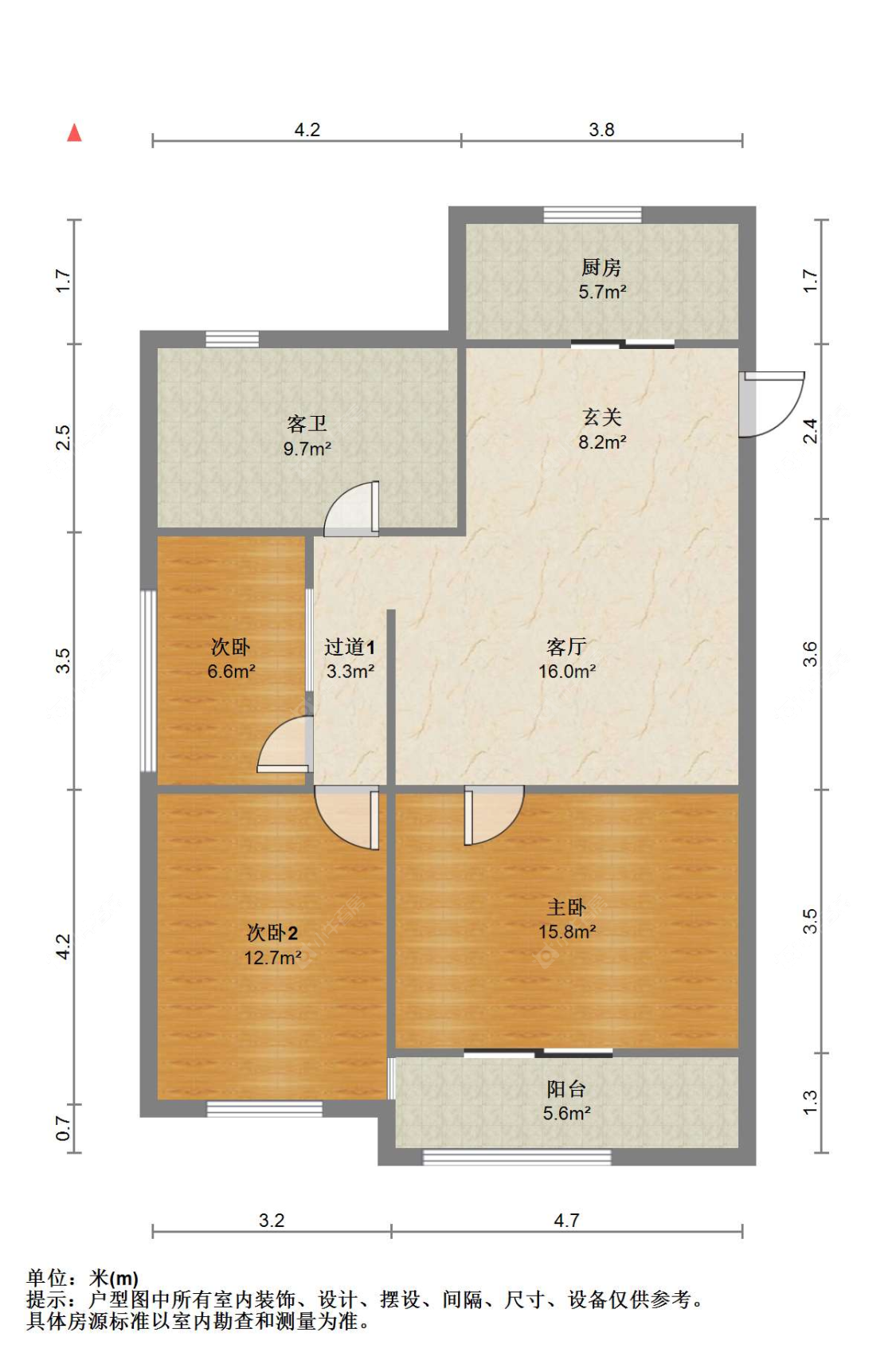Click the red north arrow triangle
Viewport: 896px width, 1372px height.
(x=74, y=133)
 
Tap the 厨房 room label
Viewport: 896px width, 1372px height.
(x=601, y=267)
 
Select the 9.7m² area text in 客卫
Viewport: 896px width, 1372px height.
(x=307, y=449)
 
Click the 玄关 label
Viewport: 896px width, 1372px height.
(x=602, y=417)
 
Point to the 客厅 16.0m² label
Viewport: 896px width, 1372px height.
(x=567, y=659)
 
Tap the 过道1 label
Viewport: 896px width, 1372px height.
(x=350, y=647)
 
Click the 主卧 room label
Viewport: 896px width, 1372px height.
(x=566, y=907)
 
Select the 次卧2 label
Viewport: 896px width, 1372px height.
(x=272, y=932)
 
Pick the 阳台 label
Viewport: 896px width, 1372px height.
(x=566, y=1088)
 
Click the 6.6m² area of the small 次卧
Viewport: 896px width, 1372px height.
(x=231, y=672)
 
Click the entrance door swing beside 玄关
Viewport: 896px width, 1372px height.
(x=769, y=405)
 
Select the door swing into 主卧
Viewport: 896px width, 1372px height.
(x=492, y=814)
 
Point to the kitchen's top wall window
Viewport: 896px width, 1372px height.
(x=593, y=214)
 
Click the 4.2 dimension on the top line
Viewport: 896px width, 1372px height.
(x=307, y=130)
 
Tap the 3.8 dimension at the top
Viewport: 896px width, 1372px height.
(x=601, y=130)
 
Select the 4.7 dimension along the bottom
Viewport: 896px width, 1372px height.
(x=566, y=1221)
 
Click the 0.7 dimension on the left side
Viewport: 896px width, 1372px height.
(x=64, y=1128)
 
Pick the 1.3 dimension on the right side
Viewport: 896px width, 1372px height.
(x=810, y=1103)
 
